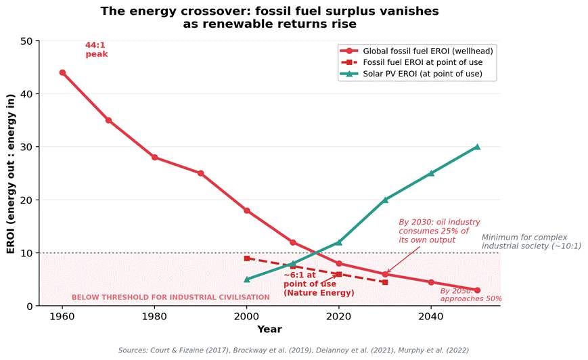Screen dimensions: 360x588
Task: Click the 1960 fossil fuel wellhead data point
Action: tap(62, 72)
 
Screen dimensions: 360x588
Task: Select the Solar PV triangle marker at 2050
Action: tap(477, 146)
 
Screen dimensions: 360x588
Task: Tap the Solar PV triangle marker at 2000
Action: tap(247, 279)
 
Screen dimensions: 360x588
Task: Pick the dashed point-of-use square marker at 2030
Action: tap(385, 282)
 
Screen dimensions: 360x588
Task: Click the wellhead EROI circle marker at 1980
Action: tap(154, 157)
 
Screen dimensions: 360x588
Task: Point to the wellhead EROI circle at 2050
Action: tap(477, 290)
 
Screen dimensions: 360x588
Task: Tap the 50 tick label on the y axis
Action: tap(26, 41)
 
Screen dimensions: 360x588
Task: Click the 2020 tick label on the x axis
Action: tap(339, 316)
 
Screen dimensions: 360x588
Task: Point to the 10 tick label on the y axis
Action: tap(26, 253)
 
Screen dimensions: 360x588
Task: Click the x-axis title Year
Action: tap(269, 330)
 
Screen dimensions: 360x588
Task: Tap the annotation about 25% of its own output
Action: tap(439, 231)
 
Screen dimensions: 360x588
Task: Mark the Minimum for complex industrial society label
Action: tap(530, 242)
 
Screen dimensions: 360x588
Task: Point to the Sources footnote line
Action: tap(293, 351)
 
